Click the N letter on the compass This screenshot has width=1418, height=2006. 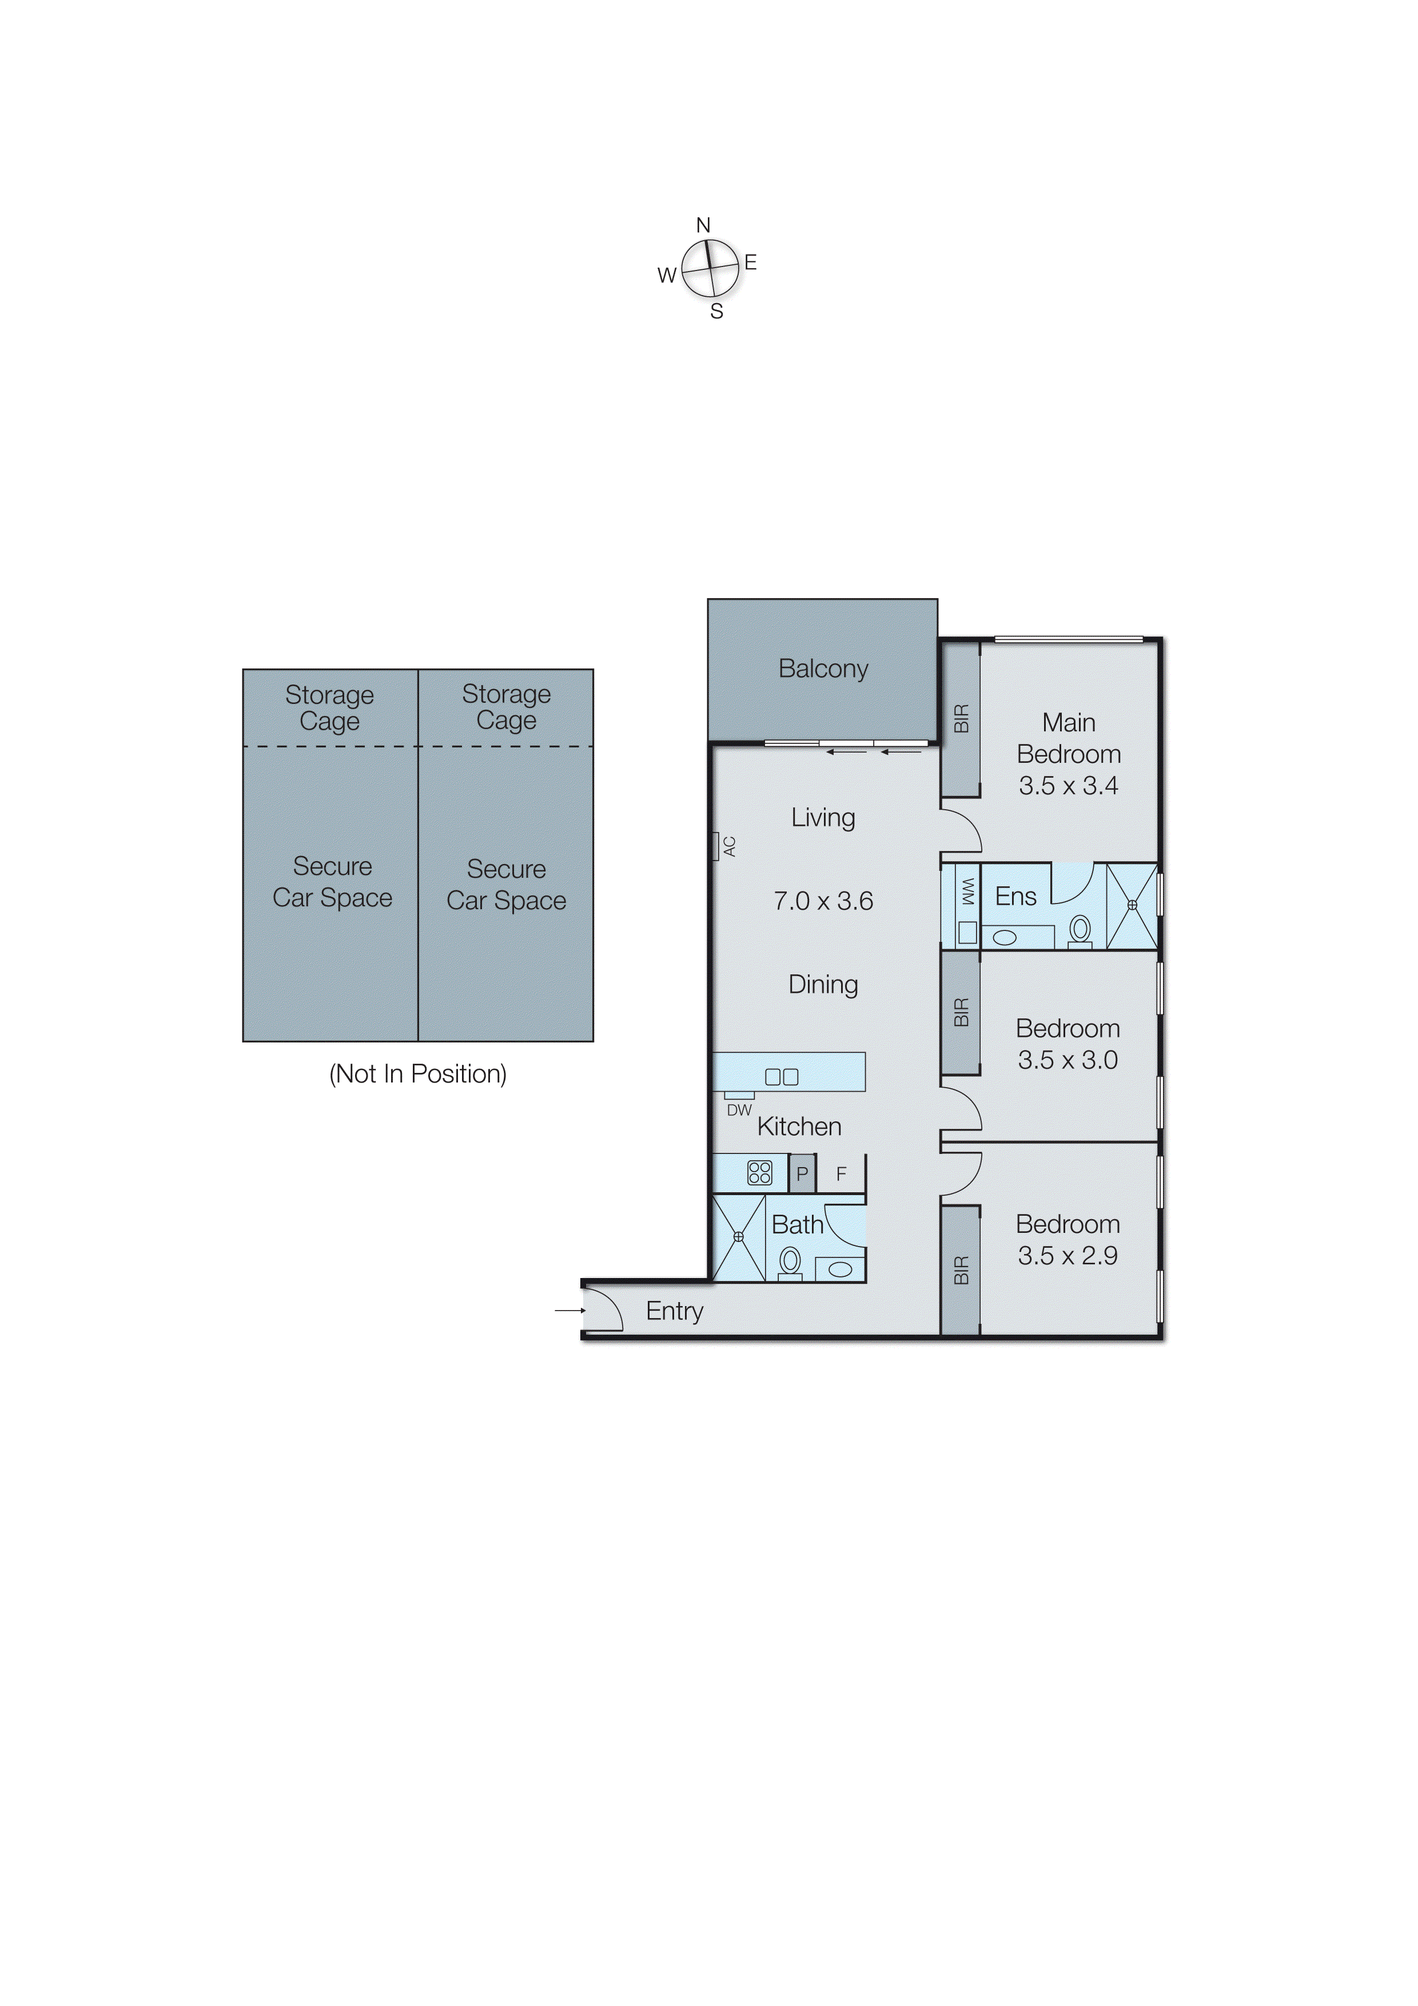[x=703, y=225]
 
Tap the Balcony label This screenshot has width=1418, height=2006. [x=823, y=669]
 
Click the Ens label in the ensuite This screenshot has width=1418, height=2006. [x=1015, y=897]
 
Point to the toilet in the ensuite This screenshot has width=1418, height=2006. [x=1080, y=930]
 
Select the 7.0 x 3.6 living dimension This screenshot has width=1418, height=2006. [x=823, y=901]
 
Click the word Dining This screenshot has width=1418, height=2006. [x=823, y=985]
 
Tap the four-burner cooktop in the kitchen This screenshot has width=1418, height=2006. [x=759, y=1172]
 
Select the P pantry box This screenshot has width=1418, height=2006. [x=802, y=1174]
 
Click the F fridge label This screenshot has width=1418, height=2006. [x=841, y=1174]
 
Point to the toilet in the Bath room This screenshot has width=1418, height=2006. [x=790, y=1261]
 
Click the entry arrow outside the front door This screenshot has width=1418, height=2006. [x=569, y=1311]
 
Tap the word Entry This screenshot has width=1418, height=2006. [x=675, y=1311]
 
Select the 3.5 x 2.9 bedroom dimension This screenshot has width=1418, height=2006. [x=1068, y=1256]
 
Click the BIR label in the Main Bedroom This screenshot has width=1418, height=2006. [x=961, y=718]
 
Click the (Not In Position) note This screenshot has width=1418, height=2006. [x=417, y=1074]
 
